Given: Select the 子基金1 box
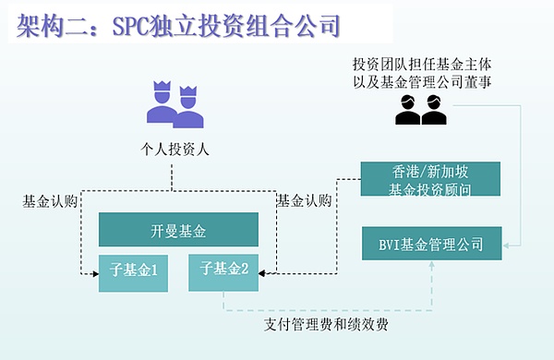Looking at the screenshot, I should coord(134,271).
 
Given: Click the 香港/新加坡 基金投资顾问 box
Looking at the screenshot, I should coord(430,179).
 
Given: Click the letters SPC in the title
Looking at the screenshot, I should coord(135,25).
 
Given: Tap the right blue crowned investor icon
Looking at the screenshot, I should coord(189,109).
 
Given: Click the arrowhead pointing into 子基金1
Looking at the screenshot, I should coord(94,272).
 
